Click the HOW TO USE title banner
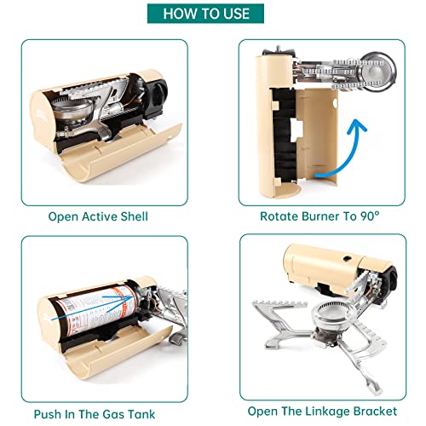click(205, 14)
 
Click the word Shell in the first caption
click(134, 216)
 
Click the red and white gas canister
click(96, 310)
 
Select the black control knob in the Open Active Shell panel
click(157, 95)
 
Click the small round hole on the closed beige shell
click(347, 258)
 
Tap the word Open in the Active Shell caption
click(63, 217)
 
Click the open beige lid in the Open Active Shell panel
click(119, 153)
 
